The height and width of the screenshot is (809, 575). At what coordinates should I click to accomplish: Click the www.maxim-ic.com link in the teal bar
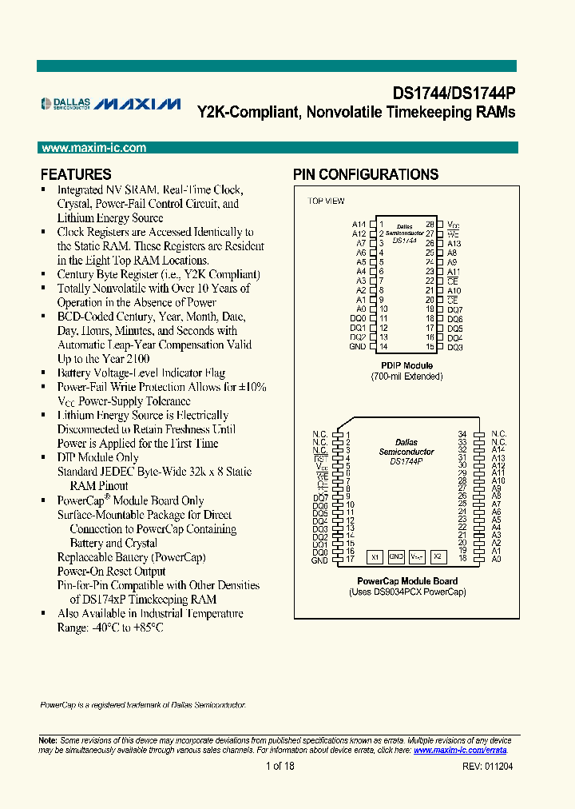click(93, 148)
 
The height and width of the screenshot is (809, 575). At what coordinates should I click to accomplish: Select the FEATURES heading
click(76, 174)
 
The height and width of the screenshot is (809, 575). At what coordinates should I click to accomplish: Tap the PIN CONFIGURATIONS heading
click(365, 174)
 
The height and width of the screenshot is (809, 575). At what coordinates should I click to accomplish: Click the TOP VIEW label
click(326, 201)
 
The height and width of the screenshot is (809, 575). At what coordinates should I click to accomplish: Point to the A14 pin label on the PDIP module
click(359, 225)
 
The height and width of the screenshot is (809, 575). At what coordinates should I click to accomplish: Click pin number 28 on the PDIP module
click(430, 225)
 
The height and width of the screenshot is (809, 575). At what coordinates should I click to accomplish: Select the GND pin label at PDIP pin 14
click(357, 346)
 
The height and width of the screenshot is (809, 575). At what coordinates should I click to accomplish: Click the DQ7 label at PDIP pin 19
click(455, 309)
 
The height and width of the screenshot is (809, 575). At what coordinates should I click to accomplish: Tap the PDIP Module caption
click(406, 366)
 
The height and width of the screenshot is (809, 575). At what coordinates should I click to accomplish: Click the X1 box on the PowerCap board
click(375, 556)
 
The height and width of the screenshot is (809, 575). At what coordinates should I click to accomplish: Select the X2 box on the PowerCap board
click(437, 556)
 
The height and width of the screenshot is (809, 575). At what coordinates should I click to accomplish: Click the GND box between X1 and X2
click(396, 556)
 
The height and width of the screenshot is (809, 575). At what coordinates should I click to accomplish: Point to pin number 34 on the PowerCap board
click(462, 433)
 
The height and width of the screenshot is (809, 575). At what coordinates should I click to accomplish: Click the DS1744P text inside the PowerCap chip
click(406, 461)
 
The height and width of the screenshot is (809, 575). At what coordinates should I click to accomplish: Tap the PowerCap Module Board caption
click(406, 581)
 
